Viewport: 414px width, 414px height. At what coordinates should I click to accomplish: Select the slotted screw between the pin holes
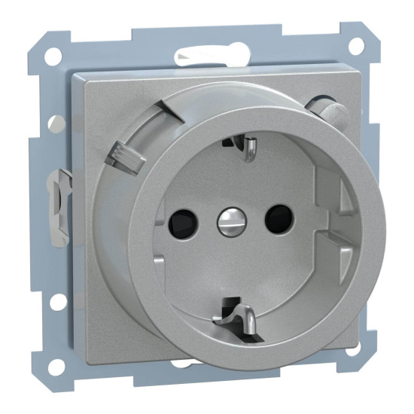(227, 220)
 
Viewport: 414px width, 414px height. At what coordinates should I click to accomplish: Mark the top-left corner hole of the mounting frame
(53, 56)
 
